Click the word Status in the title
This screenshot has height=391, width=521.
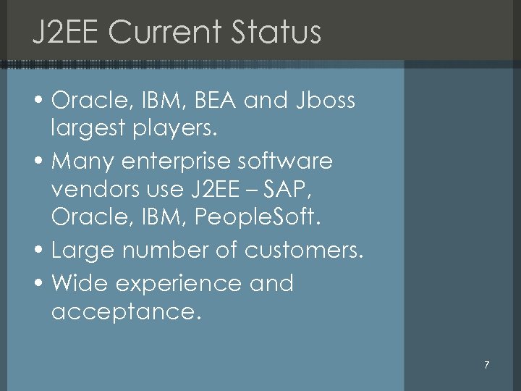point(276,33)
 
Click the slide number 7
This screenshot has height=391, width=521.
point(487,365)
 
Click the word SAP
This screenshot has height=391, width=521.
point(294,191)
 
